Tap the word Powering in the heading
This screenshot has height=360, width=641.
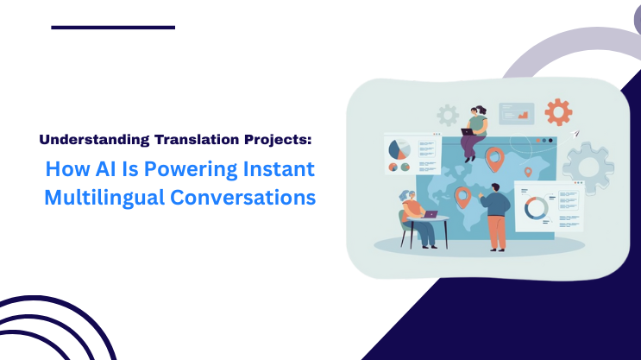click(x=178, y=168)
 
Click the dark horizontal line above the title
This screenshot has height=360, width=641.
click(x=113, y=28)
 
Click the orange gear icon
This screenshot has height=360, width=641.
click(x=558, y=111)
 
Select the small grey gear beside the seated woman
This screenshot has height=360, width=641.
click(x=447, y=115)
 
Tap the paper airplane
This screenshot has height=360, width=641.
click(x=575, y=135)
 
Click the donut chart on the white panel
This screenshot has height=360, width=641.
click(x=536, y=207)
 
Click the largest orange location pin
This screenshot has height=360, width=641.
click(x=494, y=158)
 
